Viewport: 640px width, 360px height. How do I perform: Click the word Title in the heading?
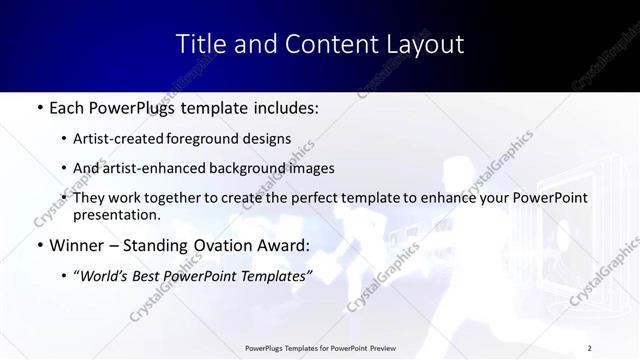click(x=200, y=44)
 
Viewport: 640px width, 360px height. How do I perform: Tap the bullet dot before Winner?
click(x=38, y=245)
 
